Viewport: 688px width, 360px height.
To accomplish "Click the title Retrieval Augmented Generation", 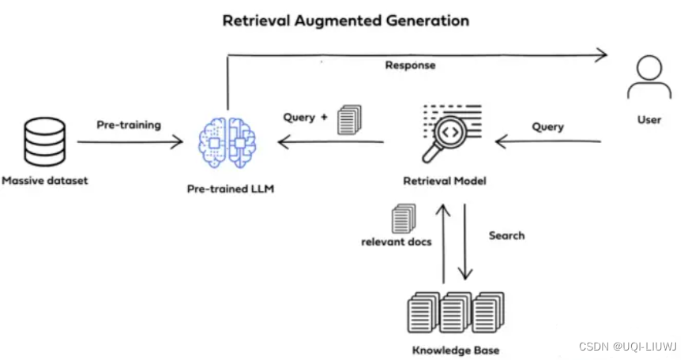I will coord(345,21).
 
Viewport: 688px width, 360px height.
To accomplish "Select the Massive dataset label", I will coord(45,181).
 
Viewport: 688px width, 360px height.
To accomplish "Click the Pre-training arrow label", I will coord(129,125).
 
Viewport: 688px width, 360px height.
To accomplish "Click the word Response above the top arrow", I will coord(410,66).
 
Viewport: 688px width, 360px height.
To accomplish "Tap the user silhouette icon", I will coord(649,79).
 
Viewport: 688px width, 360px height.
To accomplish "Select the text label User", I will coord(649,120).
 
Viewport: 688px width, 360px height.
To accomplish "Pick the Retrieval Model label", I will coord(445,181).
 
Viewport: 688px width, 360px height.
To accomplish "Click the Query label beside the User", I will coord(547,126).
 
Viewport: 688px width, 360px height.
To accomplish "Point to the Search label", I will coord(506,235).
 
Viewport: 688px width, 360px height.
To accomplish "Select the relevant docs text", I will coord(397,242).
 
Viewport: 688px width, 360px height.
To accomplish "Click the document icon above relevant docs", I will coord(403,218).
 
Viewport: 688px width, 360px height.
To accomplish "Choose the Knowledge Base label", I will coord(456,351).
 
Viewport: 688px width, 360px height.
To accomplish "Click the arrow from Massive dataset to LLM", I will coord(130,142).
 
